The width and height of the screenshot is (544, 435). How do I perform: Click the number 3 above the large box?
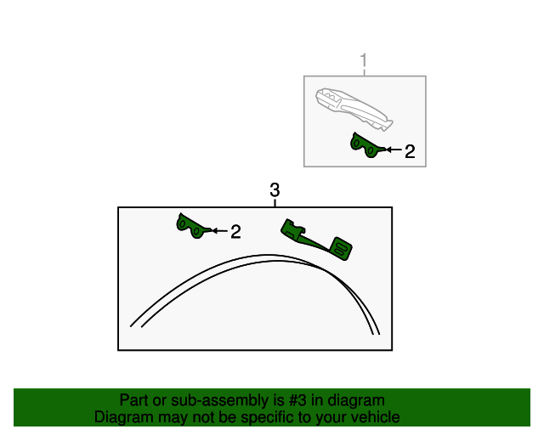(274, 190)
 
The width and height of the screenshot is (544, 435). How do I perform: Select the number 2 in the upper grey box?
(410, 152)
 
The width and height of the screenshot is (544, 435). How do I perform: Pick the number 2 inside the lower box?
(235, 231)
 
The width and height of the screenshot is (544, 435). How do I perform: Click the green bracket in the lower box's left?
(191, 226)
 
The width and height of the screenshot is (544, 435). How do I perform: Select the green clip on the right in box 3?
(316, 239)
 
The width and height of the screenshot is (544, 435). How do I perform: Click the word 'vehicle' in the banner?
(374, 417)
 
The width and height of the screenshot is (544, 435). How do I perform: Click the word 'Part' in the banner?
(134, 400)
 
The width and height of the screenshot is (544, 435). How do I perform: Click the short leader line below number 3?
(275, 203)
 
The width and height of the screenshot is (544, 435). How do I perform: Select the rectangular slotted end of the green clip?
(343, 248)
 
